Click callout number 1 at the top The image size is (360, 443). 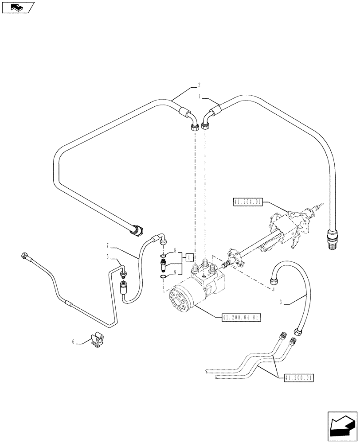[200, 96]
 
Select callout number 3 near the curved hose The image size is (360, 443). [282, 303]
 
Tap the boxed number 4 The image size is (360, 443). [189, 257]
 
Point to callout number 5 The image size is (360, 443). [107, 256]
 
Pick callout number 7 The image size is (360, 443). [107, 245]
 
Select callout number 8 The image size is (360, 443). [175, 250]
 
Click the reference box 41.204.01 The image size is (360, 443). [248, 202]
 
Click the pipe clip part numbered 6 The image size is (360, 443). [96, 341]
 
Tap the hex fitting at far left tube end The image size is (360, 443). [23, 255]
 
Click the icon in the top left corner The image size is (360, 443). [18, 7]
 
